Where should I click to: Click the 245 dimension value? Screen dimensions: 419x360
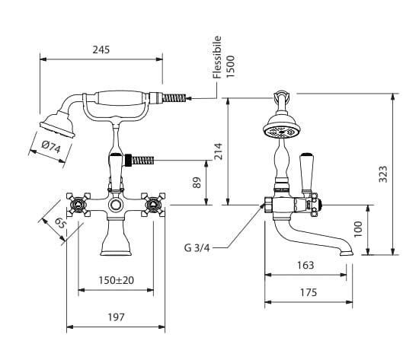pos(101,49)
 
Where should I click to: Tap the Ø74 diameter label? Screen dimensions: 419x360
pos(51,147)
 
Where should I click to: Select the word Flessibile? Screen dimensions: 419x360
pos(217,57)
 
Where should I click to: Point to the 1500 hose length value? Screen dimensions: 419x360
pos(230,66)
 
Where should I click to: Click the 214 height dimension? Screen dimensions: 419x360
pos(219,151)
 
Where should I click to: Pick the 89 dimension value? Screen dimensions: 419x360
pos(197,183)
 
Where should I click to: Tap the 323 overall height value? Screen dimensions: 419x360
pos(383,174)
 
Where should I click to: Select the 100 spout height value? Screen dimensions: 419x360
pos(358,229)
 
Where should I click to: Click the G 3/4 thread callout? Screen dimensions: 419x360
pos(197,248)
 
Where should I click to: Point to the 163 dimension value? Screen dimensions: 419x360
pos(305,265)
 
